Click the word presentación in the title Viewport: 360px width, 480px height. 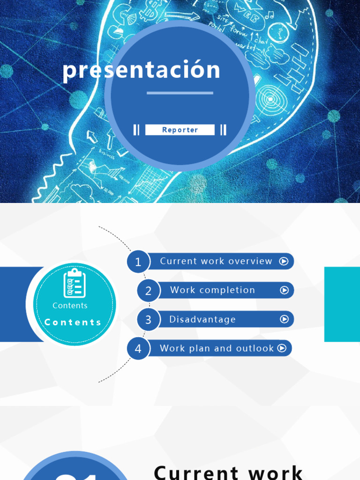pyautogui.click(x=141, y=70)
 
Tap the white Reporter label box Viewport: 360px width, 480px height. pyautogui.click(x=180, y=130)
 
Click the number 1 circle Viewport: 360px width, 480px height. pyautogui.click(x=138, y=262)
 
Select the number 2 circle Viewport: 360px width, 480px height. pyautogui.click(x=148, y=291)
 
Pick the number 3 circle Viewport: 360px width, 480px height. pyautogui.click(x=148, y=320)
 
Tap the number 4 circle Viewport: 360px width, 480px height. pyautogui.click(x=138, y=349)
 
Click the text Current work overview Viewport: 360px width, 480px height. pyautogui.click(x=216, y=261)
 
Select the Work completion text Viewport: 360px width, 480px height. pyautogui.click(x=212, y=290)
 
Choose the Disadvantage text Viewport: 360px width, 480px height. pyautogui.click(x=202, y=319)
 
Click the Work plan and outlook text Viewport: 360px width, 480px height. pyautogui.click(x=217, y=348)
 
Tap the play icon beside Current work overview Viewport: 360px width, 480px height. pyautogui.click(x=284, y=261)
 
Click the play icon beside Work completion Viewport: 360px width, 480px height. pyautogui.click(x=284, y=290)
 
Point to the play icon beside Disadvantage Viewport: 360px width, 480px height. pyautogui.click(x=284, y=319)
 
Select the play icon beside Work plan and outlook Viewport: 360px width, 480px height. pyautogui.click(x=282, y=348)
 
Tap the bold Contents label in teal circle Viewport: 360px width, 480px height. pyautogui.click(x=73, y=322)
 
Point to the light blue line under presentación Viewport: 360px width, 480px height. pyautogui.click(x=180, y=93)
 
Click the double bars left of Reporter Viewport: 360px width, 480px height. pyautogui.click(x=136, y=130)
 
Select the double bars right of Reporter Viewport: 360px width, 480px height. pyautogui.click(x=224, y=130)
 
